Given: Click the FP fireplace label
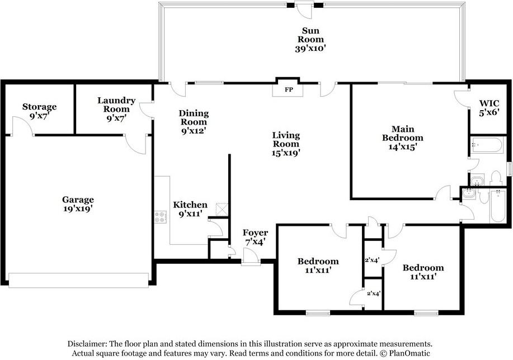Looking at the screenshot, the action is tap(289, 89).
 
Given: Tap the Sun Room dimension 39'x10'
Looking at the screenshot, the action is tap(310, 49).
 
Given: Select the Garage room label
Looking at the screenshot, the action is tap(78, 200).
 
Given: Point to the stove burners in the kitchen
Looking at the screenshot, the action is tap(161, 217).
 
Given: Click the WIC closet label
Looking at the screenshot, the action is tap(490, 103).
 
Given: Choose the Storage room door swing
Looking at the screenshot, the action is tap(22, 125).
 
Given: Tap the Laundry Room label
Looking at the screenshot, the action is tap(116, 105).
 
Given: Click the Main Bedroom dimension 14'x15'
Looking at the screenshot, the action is tap(402, 147).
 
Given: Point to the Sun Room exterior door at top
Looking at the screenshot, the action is tap(304, 10).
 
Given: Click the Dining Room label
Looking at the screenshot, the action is tap(194, 117).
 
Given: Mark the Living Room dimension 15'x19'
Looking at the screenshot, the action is tap(286, 153).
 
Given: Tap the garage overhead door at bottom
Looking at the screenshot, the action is tap(78, 281).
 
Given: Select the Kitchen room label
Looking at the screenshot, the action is tap(190, 205).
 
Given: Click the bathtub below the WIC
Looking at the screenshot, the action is tap(487, 145).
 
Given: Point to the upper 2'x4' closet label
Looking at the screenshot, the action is tap(372, 260).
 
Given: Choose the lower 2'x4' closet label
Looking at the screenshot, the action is tap(373, 293).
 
